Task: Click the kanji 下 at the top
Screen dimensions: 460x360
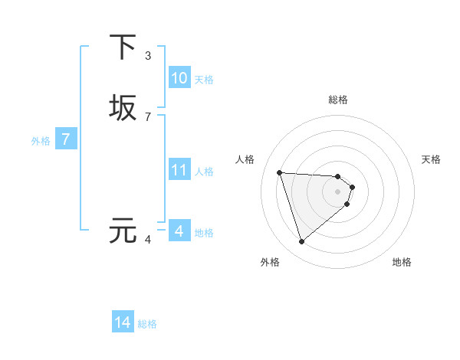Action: (123, 47)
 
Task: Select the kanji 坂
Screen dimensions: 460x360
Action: (123, 108)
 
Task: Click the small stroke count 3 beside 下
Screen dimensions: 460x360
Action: (148, 55)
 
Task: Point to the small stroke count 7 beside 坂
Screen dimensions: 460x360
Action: (148, 116)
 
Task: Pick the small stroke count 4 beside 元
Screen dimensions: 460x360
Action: (148, 240)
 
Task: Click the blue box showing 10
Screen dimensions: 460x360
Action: (179, 78)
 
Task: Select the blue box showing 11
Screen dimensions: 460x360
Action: (179, 170)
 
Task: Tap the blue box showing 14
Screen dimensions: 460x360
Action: (123, 322)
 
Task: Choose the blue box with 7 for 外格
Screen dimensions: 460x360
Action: (66, 139)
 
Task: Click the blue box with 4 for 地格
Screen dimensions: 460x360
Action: (179, 231)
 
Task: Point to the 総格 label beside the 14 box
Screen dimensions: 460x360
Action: (147, 324)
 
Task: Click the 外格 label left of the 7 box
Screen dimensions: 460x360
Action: (41, 141)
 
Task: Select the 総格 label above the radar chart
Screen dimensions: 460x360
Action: (338, 100)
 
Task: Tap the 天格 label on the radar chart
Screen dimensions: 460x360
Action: (431, 159)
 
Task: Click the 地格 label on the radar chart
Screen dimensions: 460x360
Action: (402, 262)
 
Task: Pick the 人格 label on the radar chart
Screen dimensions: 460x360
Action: (245, 159)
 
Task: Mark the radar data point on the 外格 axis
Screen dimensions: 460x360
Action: (301, 242)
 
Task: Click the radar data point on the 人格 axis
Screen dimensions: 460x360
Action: (280, 172)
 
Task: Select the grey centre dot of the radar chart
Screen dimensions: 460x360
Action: (338, 191)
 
